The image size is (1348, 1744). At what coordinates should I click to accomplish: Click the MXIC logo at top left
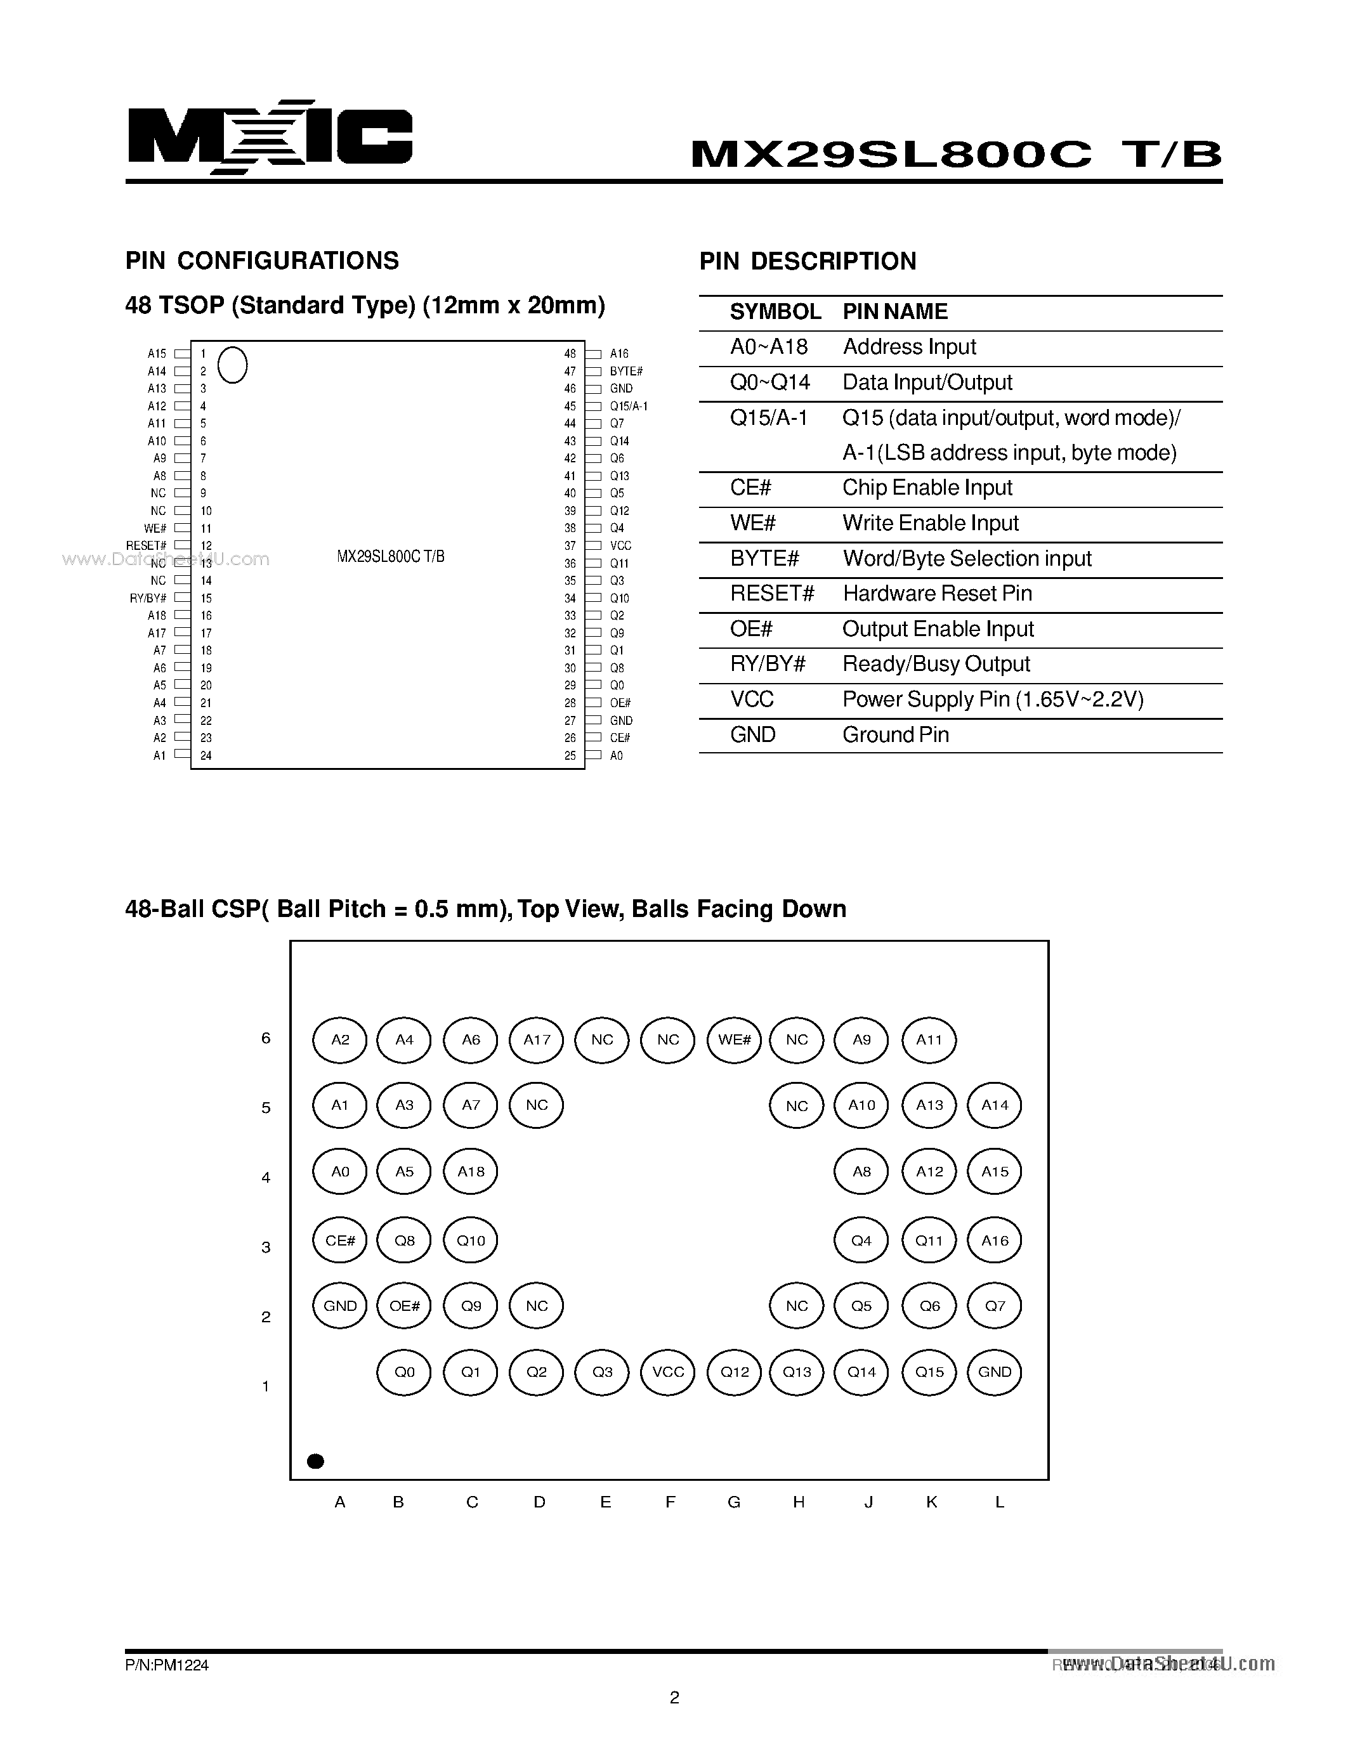(269, 138)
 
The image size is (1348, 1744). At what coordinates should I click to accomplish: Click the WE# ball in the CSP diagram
(734, 1039)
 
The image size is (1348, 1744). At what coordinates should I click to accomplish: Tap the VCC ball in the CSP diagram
(669, 1372)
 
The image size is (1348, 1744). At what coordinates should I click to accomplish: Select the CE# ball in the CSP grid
(340, 1240)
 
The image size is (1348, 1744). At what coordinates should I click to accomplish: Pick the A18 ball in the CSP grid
(470, 1171)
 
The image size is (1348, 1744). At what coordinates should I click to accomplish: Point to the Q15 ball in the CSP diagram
(929, 1372)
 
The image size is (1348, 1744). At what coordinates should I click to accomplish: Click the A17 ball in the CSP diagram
(537, 1039)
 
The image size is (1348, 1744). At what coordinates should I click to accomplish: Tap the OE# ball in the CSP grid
(404, 1306)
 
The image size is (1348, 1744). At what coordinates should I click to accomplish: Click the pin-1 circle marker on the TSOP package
(232, 365)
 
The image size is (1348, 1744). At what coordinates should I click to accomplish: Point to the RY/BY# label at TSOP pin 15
(148, 598)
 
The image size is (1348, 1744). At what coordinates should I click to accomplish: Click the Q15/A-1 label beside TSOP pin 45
(629, 406)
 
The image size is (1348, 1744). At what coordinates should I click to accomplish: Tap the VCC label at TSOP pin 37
(620, 545)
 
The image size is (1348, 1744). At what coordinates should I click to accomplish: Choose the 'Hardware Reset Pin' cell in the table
(937, 594)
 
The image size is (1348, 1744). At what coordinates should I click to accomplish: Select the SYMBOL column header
(775, 312)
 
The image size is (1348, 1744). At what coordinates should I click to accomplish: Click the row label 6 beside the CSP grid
(266, 1038)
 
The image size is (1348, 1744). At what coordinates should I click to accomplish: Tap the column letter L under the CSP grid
(999, 1502)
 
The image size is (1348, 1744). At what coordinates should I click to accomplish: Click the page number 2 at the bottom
(674, 1698)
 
